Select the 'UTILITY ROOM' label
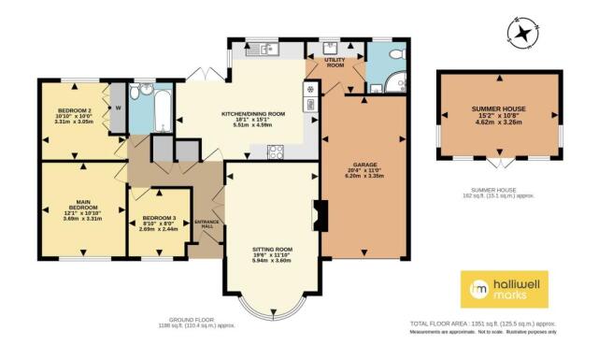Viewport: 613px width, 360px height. click(x=335, y=63)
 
